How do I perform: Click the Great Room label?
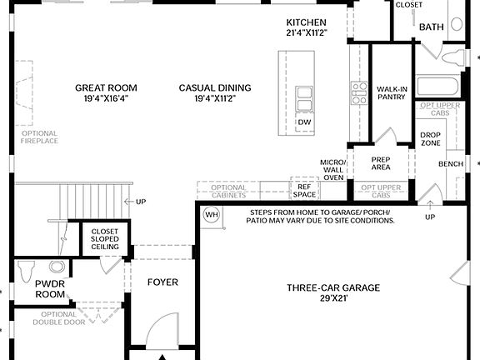coord(106,93)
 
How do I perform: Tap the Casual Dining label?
coord(215,93)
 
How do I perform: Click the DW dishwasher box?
coord(304,122)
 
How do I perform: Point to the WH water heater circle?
coord(211,215)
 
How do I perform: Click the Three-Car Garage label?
coord(333,293)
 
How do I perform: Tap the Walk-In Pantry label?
coord(391,92)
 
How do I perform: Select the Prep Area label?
coord(381,163)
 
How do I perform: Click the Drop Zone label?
coord(430,139)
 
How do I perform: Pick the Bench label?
coord(451,164)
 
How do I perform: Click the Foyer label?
coord(162,282)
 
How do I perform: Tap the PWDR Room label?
coord(49,289)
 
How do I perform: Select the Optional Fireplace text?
coord(39,137)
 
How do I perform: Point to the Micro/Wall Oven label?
coord(333,169)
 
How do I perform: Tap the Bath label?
coord(432,27)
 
